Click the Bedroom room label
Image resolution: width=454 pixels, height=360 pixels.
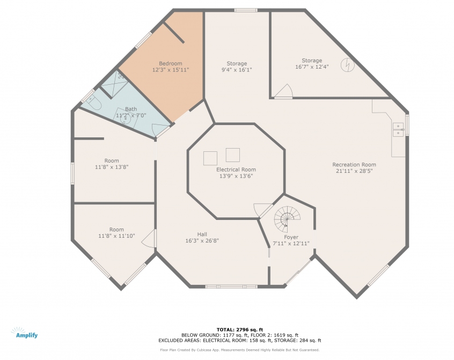click(171, 63)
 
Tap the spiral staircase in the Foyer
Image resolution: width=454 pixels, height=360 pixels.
click(287, 219)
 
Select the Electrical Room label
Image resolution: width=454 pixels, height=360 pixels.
click(236, 170)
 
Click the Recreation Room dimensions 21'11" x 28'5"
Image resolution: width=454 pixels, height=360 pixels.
click(354, 171)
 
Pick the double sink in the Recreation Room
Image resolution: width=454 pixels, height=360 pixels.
click(398, 129)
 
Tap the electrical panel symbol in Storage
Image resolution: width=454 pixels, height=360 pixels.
click(347, 65)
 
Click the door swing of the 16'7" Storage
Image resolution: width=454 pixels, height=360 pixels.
click(284, 91)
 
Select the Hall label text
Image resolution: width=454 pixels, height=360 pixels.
click(202, 234)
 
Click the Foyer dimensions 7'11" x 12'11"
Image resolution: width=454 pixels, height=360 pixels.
click(291, 244)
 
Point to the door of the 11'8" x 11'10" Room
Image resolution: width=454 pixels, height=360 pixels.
click(149, 238)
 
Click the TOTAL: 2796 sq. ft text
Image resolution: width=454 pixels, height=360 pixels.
click(240, 329)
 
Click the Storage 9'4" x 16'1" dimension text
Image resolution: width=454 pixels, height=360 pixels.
click(237, 70)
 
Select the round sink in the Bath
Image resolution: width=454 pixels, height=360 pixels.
click(126, 119)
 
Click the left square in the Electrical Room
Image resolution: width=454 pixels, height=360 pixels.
click(210, 158)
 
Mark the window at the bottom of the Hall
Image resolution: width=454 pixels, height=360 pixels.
click(231, 286)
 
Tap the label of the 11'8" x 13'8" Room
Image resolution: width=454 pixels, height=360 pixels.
click(112, 160)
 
